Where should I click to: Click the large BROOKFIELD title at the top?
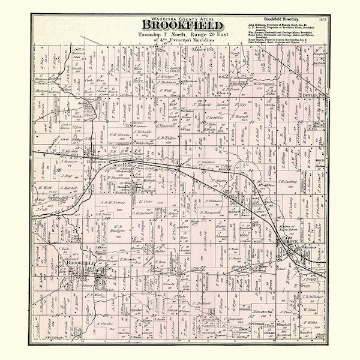182,25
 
